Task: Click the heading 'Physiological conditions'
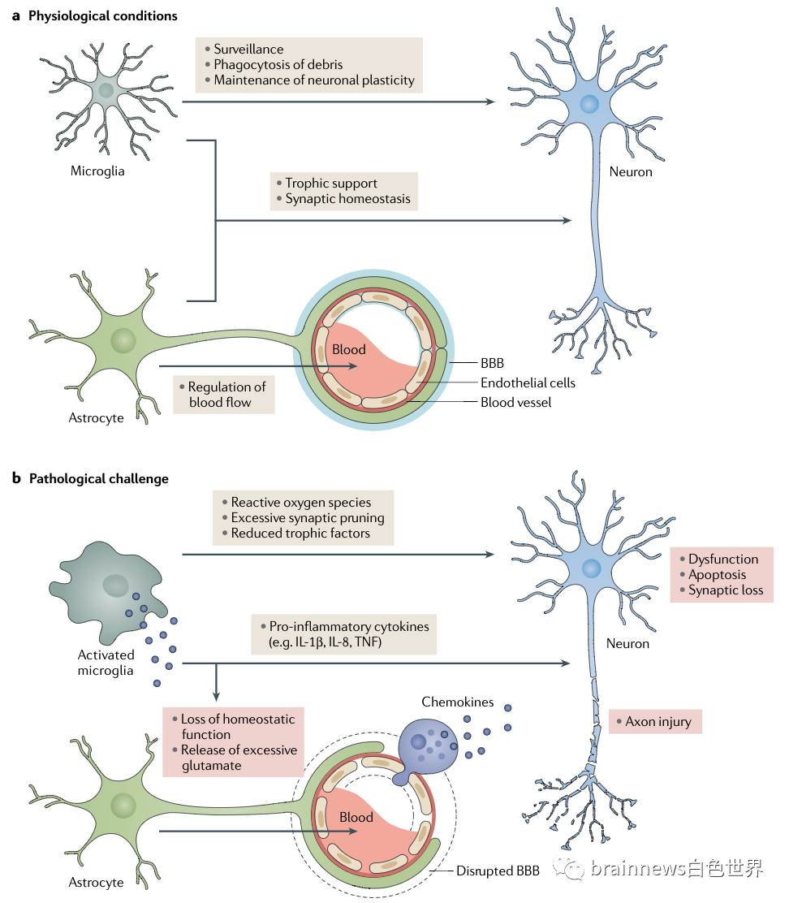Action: [102, 16]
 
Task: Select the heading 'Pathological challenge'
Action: [98, 478]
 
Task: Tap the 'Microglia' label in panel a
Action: [97, 171]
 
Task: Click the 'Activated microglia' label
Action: [106, 663]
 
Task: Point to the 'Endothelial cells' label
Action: [528, 382]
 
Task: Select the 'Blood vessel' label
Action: [515, 402]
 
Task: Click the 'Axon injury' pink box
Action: [655, 721]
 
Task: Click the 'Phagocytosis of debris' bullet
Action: [278, 65]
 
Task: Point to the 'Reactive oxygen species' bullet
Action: [300, 503]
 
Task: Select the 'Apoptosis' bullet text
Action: [717, 575]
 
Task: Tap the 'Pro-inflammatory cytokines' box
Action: [343, 634]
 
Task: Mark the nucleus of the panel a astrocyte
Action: [123, 341]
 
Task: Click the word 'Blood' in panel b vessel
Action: [356, 817]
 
